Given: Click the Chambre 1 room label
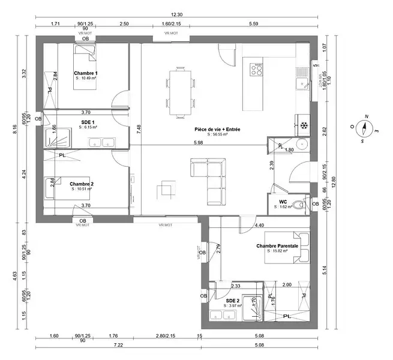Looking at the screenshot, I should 86,73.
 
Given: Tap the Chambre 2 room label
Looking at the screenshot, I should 81,184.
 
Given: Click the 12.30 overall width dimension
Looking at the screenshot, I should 176,14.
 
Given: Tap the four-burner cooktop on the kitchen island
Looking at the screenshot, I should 256,68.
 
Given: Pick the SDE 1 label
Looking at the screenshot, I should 88,122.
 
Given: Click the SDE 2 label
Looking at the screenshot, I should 232,300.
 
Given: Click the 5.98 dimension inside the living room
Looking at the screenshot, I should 198,142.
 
